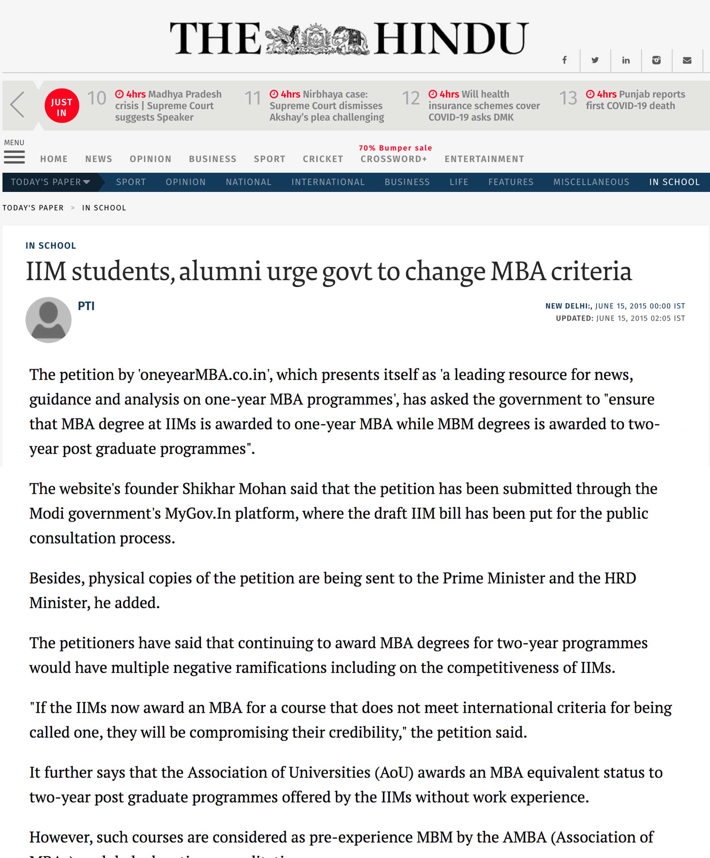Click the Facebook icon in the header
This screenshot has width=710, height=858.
(x=564, y=60)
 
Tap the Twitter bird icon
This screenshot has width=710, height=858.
(x=595, y=60)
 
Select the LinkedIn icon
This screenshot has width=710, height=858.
(x=625, y=60)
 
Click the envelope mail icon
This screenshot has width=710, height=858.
(x=687, y=60)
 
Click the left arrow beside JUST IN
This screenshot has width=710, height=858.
(x=17, y=105)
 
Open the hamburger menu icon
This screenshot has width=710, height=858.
(x=14, y=157)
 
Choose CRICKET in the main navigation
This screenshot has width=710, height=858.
(x=323, y=159)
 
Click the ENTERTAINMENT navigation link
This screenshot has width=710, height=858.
(x=484, y=159)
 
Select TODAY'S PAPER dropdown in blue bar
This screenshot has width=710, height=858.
(x=50, y=182)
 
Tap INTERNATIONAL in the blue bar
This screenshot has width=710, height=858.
(x=327, y=182)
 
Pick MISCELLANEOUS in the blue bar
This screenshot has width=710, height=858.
(x=591, y=182)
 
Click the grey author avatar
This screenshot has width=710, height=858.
(x=48, y=320)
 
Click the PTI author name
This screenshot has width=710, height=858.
(x=86, y=306)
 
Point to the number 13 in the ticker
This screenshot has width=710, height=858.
(x=568, y=98)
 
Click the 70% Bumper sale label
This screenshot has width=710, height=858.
(x=395, y=148)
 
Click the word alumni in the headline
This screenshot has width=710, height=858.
(x=220, y=271)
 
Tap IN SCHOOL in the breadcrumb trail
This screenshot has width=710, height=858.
(x=104, y=208)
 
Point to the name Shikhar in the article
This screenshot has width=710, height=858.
(x=208, y=489)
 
